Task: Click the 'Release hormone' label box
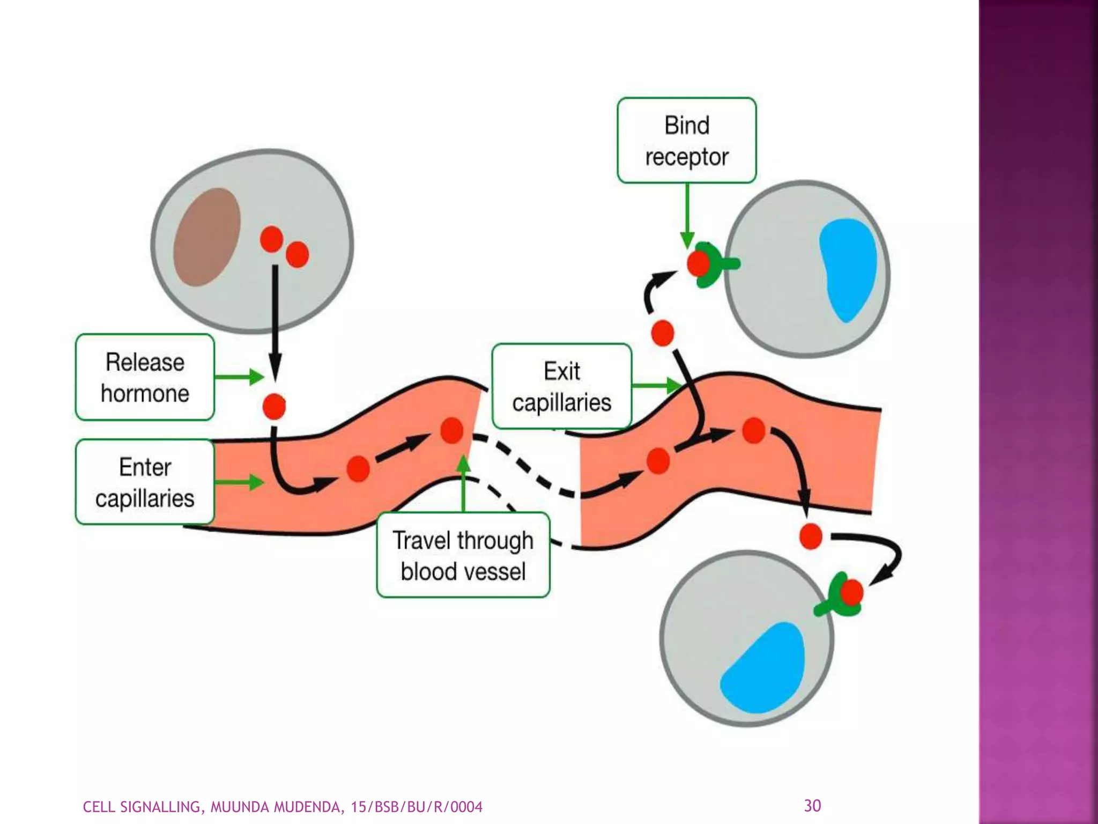145,377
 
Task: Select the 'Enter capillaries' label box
145,482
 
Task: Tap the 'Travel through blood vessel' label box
463,555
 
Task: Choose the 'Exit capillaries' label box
561,386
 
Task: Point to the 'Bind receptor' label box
686,141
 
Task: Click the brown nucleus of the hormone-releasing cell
207,237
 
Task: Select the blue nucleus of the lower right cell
763,668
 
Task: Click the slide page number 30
812,806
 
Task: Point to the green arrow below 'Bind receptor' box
687,215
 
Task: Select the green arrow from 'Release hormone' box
239,377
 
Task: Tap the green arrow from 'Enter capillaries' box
239,482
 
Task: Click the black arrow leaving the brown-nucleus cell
275,322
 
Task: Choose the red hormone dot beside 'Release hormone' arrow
274,406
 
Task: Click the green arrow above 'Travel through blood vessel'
464,483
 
